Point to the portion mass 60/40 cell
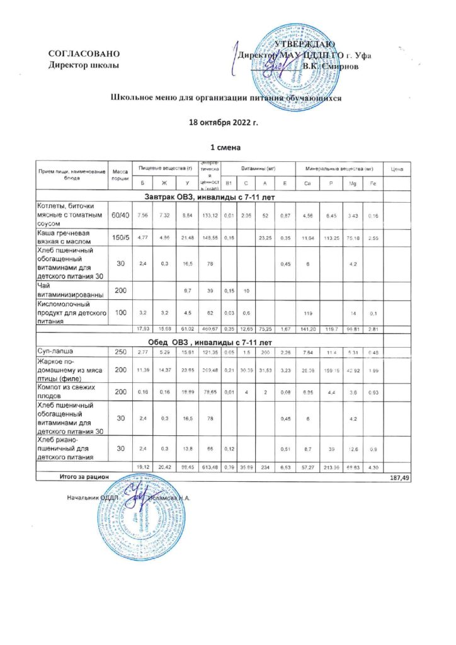point(120,215)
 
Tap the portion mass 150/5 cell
point(120,237)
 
